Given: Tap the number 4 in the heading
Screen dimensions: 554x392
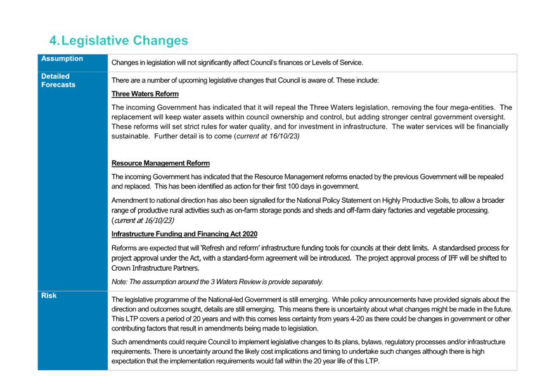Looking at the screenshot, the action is pyautogui.click(x=53, y=41).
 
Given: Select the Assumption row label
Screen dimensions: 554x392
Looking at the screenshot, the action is pyautogui.click(x=62, y=59).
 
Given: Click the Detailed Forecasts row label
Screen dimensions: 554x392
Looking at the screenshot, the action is pyautogui.click(x=58, y=81).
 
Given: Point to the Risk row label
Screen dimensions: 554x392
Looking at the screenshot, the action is pyautogui.click(x=49, y=296).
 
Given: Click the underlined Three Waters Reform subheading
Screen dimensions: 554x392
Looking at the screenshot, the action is pyautogui.click(x=145, y=94).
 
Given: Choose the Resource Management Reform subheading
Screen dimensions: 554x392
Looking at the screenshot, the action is pyautogui.click(x=160, y=163).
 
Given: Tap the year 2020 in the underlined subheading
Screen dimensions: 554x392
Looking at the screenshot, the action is pyautogui.click(x=250, y=234).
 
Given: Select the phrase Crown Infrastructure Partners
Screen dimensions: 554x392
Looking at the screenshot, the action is pyautogui.click(x=155, y=268).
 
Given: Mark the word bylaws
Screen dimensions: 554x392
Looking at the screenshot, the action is pyautogui.click(x=372, y=342).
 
